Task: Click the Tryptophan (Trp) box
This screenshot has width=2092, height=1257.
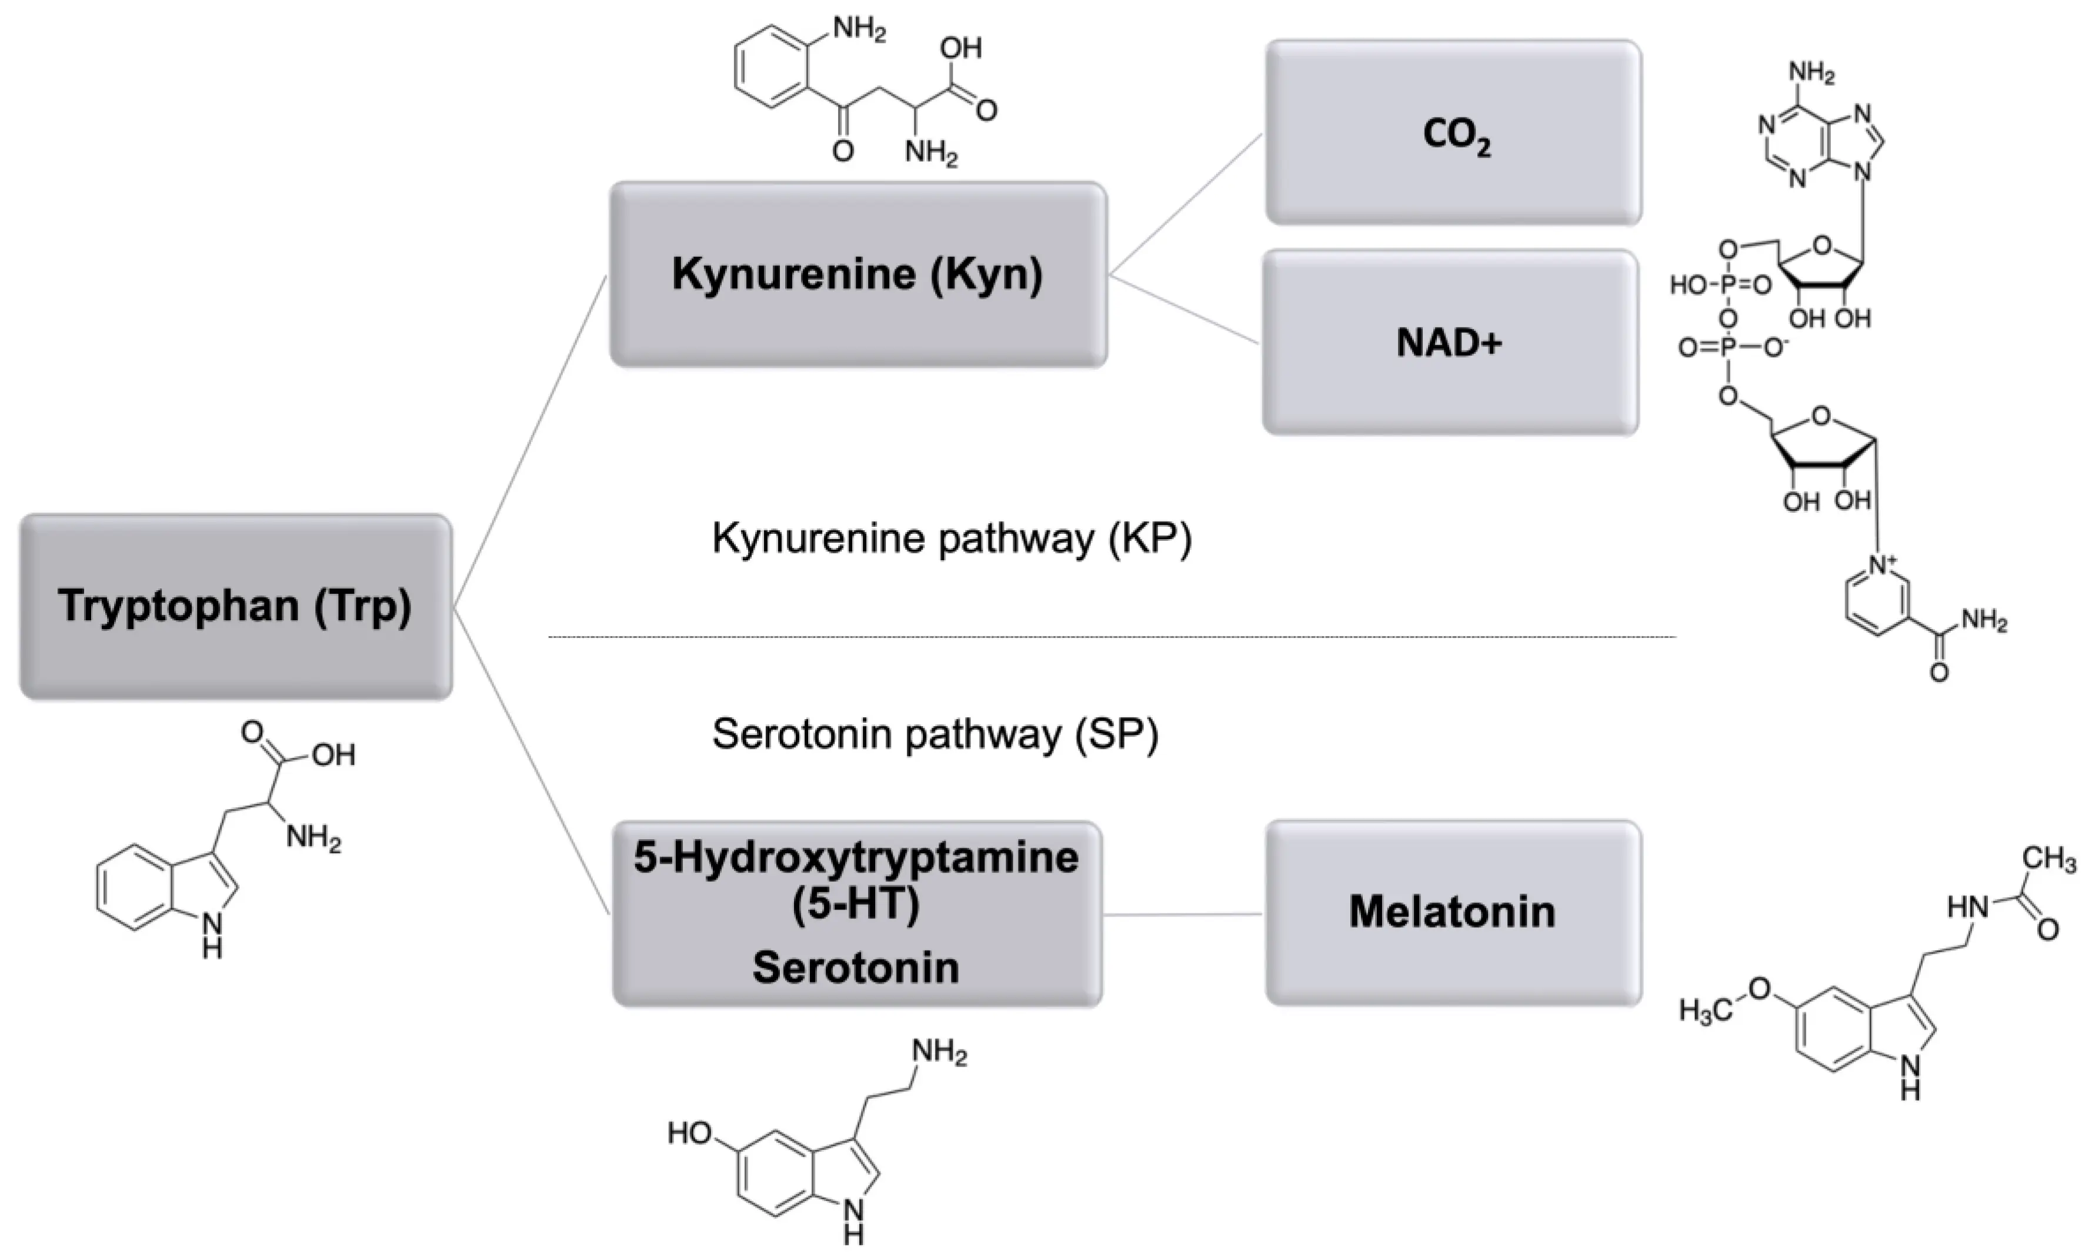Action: [236, 607]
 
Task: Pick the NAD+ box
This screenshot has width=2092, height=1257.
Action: [1450, 343]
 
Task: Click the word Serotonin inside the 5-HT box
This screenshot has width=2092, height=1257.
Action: [856, 967]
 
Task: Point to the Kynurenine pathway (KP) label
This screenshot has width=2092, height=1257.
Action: [950, 539]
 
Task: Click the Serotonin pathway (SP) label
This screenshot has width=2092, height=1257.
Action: [935, 734]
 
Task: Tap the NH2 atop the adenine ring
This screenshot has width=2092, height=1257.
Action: [1811, 73]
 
